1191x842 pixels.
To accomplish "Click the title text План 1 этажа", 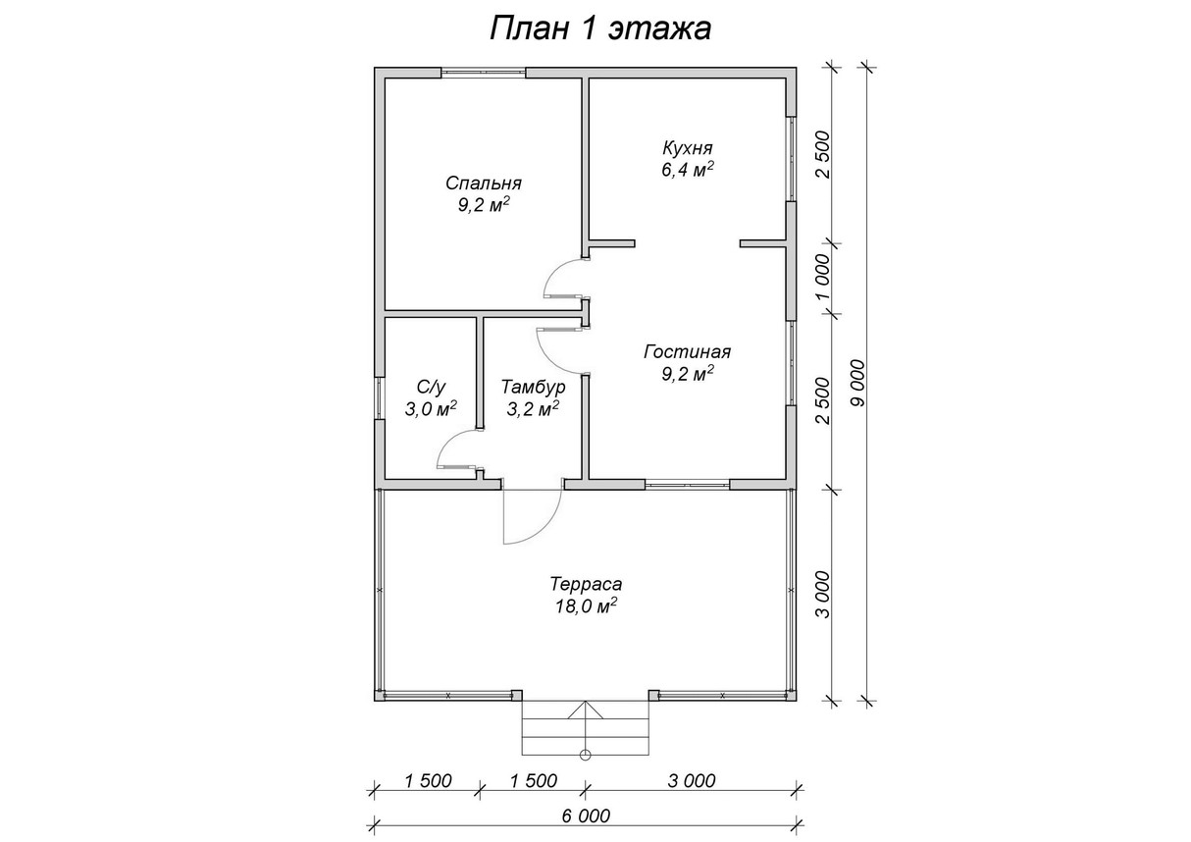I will point(600,28).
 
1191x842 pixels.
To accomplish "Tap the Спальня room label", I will point(483,184).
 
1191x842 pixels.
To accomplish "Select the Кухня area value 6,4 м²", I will point(686,169).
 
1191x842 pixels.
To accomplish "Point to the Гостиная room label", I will point(687,351).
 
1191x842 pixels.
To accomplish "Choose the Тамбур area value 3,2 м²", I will point(533,409).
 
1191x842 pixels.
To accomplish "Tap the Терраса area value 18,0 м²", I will point(586,606).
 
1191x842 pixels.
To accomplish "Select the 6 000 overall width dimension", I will point(587,816).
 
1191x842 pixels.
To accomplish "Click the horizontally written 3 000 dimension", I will point(691,781).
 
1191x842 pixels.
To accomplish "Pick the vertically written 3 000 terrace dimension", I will point(823,594).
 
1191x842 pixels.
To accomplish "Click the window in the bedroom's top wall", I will point(483,72).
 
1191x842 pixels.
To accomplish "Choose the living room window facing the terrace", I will point(687,483).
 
